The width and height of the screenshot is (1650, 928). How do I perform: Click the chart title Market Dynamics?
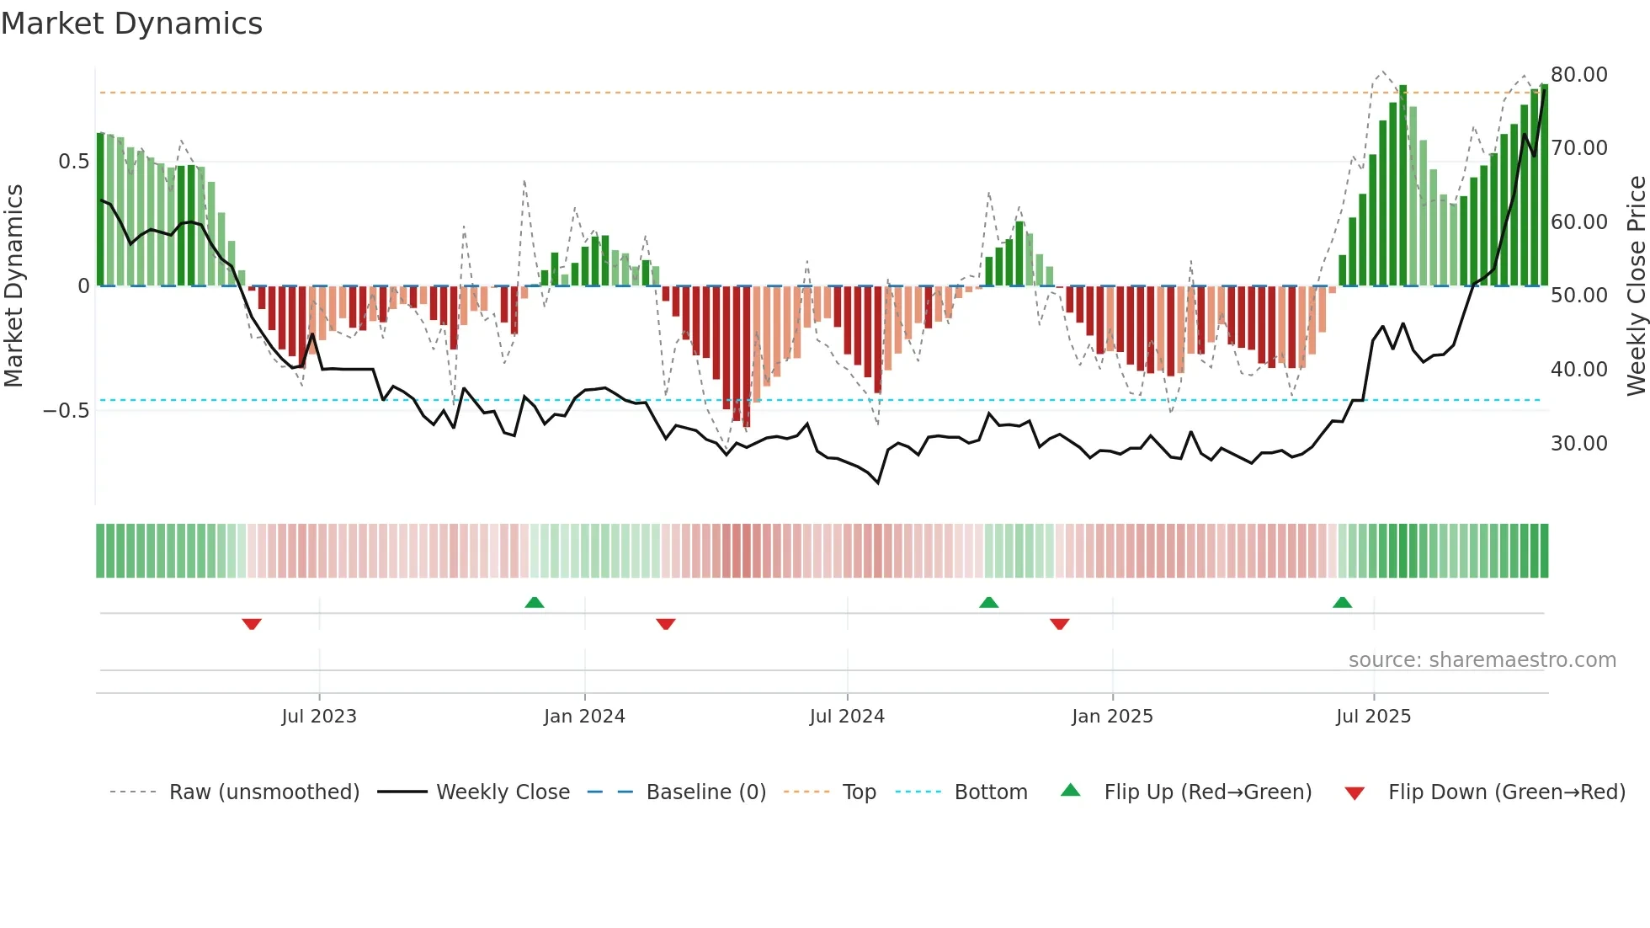(132, 24)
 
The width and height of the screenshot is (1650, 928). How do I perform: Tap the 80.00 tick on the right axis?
(1579, 75)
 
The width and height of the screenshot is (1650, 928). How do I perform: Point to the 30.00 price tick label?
(1579, 444)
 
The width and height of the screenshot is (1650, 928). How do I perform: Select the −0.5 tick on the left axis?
(67, 411)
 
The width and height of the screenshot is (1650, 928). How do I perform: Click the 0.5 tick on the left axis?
(73, 162)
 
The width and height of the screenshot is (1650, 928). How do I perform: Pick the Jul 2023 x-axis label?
(319, 717)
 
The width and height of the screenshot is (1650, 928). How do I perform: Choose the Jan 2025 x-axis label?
(1112, 717)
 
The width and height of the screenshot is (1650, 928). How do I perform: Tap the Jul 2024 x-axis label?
(847, 717)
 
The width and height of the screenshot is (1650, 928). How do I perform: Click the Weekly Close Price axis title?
(1636, 285)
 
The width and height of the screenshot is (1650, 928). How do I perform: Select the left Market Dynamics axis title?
(14, 285)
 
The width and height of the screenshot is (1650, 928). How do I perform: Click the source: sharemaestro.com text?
(1482, 660)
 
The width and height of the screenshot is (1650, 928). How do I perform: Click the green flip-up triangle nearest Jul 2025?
(1342, 602)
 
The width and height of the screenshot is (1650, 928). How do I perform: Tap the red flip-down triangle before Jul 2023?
(252, 624)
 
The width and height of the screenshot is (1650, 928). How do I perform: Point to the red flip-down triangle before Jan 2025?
(1060, 624)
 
